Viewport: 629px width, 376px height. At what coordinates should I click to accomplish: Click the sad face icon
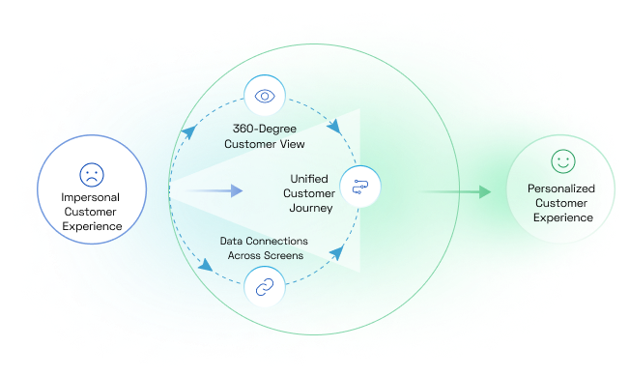[90, 176]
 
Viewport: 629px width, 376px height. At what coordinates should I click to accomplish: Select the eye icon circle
[263, 96]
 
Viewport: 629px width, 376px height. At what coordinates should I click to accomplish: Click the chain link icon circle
[263, 286]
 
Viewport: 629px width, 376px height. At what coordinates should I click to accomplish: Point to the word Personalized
[560, 188]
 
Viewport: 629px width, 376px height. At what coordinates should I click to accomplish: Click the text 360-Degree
[264, 128]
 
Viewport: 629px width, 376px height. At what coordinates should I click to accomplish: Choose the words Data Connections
[264, 240]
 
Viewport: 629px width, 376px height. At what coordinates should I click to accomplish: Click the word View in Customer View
[292, 144]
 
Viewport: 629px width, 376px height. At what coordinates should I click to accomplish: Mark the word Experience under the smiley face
[560, 217]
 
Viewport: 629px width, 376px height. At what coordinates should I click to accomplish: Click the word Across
[244, 255]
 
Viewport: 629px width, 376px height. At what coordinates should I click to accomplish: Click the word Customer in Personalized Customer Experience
[560, 203]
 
